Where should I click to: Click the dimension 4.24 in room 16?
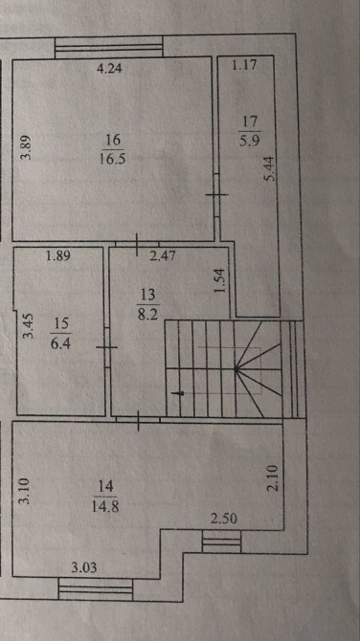[x=109, y=68]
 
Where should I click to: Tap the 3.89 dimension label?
[x=26, y=147]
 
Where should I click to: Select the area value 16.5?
[x=112, y=158]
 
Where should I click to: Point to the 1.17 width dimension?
[x=244, y=65]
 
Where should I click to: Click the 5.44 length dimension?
[x=270, y=169]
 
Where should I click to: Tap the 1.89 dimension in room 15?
[x=58, y=256]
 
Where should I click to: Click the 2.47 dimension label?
[x=163, y=256]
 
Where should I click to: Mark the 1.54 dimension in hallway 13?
[x=220, y=281]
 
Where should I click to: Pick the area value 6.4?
[x=61, y=343]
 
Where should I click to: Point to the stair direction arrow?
[x=179, y=393]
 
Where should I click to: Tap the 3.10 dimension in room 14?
[x=25, y=492]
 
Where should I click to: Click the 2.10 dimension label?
[x=274, y=478]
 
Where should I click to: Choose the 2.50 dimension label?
[x=224, y=519]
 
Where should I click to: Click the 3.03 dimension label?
[x=84, y=567]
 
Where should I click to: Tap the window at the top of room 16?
[x=109, y=48]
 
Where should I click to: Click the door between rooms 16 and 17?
[x=216, y=194]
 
